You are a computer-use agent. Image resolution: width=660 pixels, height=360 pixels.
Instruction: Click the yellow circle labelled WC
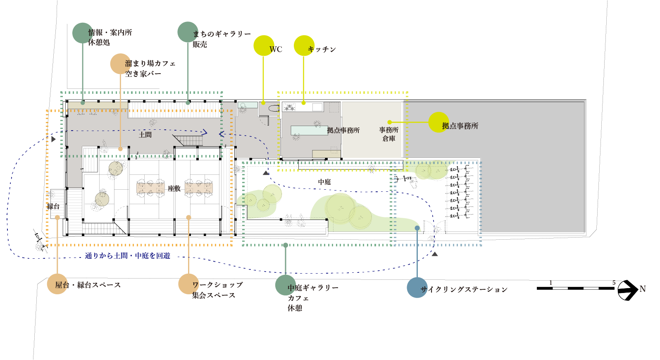264,45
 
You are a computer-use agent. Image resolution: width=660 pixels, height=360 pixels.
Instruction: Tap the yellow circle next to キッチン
304,45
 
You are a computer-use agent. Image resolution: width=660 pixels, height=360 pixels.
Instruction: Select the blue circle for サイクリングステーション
417,288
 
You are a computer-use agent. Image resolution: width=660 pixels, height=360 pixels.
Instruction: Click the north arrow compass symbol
628,290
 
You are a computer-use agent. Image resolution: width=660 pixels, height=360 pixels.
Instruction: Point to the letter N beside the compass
643,289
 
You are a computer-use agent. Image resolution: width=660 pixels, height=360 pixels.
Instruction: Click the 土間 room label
145,135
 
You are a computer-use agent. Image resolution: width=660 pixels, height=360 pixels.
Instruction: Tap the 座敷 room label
174,188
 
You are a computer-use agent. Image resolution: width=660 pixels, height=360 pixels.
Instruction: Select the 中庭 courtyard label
324,182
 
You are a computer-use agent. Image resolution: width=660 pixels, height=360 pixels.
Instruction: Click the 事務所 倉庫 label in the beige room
388,134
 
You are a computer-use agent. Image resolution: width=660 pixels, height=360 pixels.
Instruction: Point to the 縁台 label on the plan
53,206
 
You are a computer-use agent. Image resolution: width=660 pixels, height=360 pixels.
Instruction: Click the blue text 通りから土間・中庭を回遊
128,256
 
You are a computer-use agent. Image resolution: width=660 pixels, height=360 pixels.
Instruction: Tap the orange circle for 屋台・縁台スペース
57,284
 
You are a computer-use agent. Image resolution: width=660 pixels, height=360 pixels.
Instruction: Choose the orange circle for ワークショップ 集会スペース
188,284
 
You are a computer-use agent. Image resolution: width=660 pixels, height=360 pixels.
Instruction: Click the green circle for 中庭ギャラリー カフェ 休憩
286,285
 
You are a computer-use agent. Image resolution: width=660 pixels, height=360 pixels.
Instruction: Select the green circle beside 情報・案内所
83,33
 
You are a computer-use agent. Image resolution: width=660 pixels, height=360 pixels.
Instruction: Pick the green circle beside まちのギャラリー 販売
188,32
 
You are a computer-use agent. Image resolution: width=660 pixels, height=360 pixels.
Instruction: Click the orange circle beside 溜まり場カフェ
120,64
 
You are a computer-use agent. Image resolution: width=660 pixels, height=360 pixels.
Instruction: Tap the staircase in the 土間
188,140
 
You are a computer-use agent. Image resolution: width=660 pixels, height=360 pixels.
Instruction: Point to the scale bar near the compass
575,288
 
